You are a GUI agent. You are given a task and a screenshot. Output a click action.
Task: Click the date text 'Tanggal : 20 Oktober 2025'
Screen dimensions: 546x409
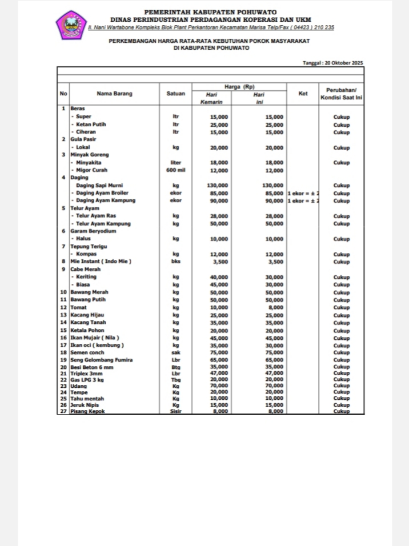click(332, 63)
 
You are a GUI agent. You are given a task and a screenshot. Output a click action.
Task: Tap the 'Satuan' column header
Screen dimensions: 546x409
click(175, 94)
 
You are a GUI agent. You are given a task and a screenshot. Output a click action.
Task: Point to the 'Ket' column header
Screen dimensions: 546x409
click(303, 94)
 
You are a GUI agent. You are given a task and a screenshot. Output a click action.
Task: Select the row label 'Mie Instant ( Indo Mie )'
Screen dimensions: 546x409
click(101, 262)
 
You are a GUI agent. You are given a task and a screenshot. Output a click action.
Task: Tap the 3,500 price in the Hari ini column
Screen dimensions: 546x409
click(275, 262)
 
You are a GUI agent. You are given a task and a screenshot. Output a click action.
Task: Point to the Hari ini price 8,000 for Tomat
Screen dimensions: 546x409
click(275, 307)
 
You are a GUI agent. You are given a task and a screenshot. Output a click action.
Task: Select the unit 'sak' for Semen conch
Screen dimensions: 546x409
click(176, 353)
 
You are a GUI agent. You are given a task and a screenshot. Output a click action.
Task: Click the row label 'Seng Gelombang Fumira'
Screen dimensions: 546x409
click(101, 360)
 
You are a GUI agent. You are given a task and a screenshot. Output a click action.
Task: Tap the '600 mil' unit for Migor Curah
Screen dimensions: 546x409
click(176, 170)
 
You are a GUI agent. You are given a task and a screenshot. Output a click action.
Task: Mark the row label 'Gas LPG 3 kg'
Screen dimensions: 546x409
click(87, 379)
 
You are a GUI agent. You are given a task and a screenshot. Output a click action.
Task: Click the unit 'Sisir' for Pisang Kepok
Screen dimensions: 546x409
click(176, 411)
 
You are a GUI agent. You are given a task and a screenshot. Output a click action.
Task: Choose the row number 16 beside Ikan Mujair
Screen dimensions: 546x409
click(63, 338)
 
